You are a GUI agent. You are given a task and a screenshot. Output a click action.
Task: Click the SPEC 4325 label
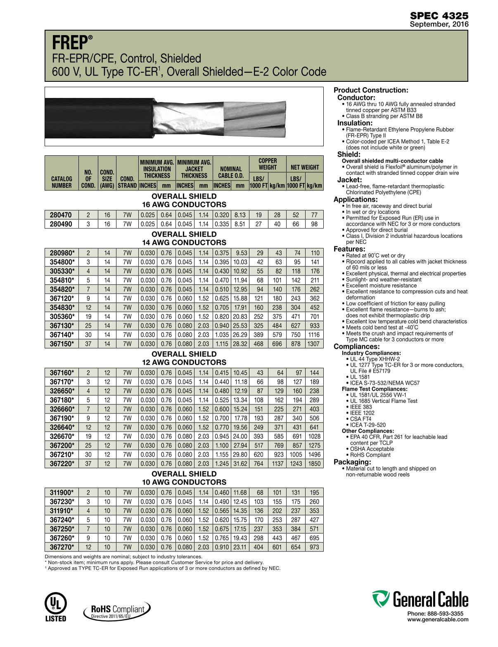point(439,16)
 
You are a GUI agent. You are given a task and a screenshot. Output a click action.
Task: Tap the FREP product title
point(70,43)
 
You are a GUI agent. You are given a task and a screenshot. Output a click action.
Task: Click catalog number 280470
point(61,215)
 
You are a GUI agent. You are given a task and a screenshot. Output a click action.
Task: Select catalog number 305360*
point(62,316)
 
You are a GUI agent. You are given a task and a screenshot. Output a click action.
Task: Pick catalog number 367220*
point(62,464)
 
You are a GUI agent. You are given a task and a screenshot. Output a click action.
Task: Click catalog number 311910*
point(62,511)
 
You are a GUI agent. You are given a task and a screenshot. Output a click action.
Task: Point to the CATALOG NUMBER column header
point(62,182)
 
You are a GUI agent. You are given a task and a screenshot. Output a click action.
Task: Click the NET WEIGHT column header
point(305,167)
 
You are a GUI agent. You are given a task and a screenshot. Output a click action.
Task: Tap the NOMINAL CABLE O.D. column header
point(231,172)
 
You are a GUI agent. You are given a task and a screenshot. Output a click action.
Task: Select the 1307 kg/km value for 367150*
point(314,344)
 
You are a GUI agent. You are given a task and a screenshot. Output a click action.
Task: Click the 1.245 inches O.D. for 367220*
point(222,464)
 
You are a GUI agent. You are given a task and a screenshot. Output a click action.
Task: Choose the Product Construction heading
point(370,90)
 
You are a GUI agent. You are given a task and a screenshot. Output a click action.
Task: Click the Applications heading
point(356,200)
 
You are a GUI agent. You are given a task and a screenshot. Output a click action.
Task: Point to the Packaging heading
point(352,462)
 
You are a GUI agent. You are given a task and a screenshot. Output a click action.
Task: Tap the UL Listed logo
point(55,607)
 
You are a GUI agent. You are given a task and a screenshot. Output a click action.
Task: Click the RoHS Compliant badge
point(117,610)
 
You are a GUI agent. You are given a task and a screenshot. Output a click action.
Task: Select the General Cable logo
point(420,599)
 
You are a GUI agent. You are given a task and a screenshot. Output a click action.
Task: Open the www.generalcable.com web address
point(438,619)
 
